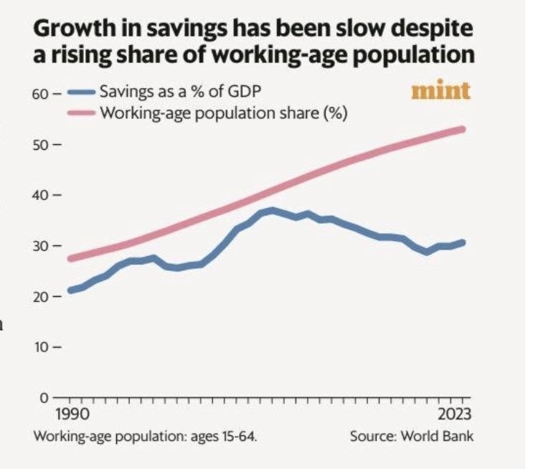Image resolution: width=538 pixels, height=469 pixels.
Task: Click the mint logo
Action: [441, 91]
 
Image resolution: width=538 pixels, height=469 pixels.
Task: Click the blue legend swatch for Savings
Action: [81, 93]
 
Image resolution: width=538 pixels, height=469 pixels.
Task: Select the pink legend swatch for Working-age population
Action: [81, 113]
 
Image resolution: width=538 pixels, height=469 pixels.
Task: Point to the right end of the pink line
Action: [463, 129]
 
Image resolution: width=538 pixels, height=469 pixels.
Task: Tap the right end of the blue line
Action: [463, 242]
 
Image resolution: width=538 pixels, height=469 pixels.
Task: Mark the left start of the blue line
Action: [70, 290]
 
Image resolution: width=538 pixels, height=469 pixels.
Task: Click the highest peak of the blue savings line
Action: [271, 210]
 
